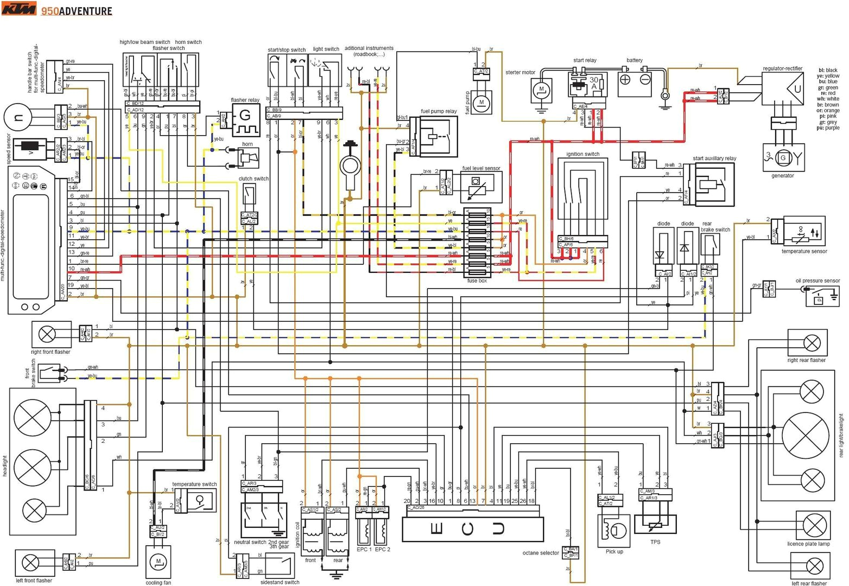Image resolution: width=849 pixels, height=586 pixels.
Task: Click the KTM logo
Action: (x=19, y=9)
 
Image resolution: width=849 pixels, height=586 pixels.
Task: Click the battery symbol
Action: (x=635, y=82)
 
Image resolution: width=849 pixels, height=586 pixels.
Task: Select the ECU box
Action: (x=472, y=528)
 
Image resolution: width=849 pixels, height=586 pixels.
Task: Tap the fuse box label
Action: (x=477, y=281)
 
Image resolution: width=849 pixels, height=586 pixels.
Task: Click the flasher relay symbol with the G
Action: (x=245, y=120)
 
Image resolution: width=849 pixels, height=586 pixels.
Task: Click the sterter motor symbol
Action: (x=541, y=90)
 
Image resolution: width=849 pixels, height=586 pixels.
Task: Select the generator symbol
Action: (x=782, y=158)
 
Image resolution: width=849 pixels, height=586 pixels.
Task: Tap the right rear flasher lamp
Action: (x=812, y=343)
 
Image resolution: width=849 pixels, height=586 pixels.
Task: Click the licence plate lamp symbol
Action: (x=814, y=525)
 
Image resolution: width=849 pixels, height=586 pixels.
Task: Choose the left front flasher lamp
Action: (x=34, y=564)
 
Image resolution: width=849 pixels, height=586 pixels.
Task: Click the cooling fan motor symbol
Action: (x=159, y=562)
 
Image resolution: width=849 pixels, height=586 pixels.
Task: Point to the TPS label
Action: (x=655, y=542)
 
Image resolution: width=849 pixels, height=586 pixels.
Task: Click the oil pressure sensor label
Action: (x=818, y=281)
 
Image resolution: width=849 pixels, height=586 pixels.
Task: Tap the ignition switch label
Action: (x=582, y=154)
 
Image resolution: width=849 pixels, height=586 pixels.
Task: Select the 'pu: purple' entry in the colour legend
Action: (x=827, y=128)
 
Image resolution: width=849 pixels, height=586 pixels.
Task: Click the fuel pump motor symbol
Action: (x=481, y=102)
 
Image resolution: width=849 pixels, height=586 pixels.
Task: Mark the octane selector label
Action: (x=540, y=553)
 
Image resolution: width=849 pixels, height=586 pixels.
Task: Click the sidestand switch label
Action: (x=280, y=582)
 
